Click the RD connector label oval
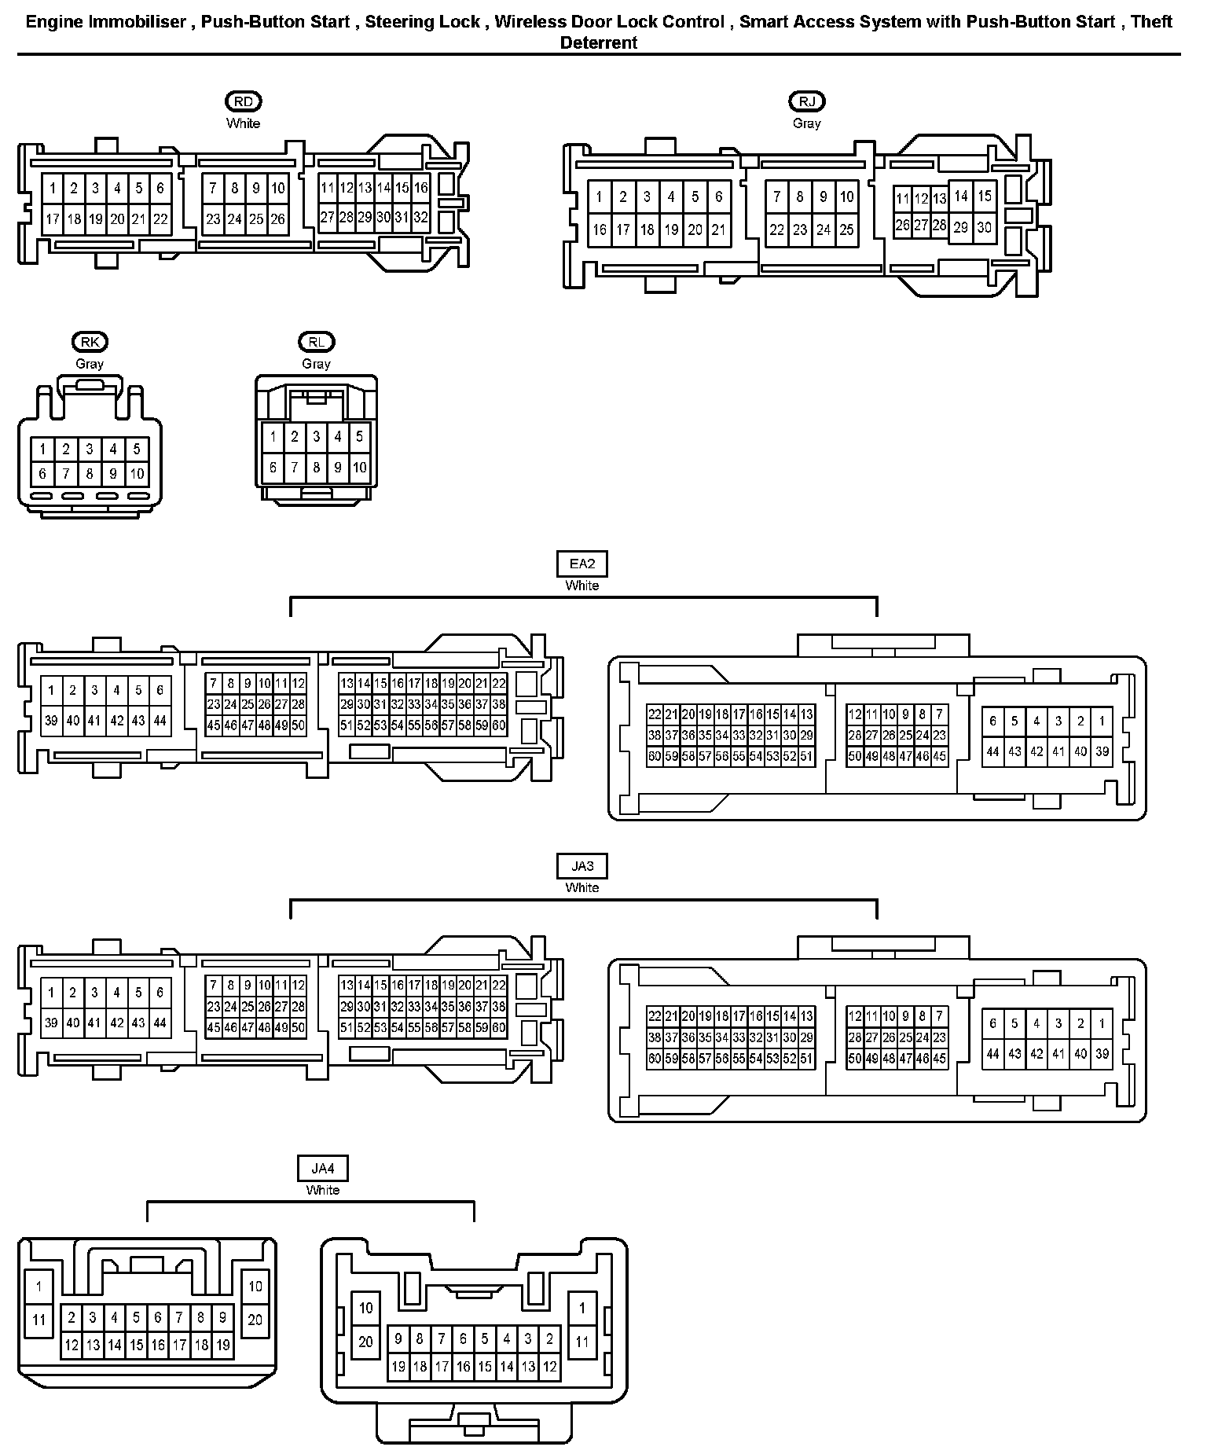[243, 101]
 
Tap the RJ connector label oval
[806, 101]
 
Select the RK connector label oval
[90, 342]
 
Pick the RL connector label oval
[316, 342]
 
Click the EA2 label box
[581, 564]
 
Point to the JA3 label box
[581, 866]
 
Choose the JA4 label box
[322, 1169]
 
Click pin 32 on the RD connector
[421, 218]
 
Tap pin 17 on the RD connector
[52, 219]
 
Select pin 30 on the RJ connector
[984, 228]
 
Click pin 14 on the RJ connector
[960, 196]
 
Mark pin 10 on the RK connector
[137, 474]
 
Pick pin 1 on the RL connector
[273, 437]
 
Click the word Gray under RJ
[806, 123]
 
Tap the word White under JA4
[322, 1190]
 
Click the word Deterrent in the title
[598, 43]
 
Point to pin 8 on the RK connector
[90, 474]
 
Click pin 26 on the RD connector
[277, 219]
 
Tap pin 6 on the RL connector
[273, 468]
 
